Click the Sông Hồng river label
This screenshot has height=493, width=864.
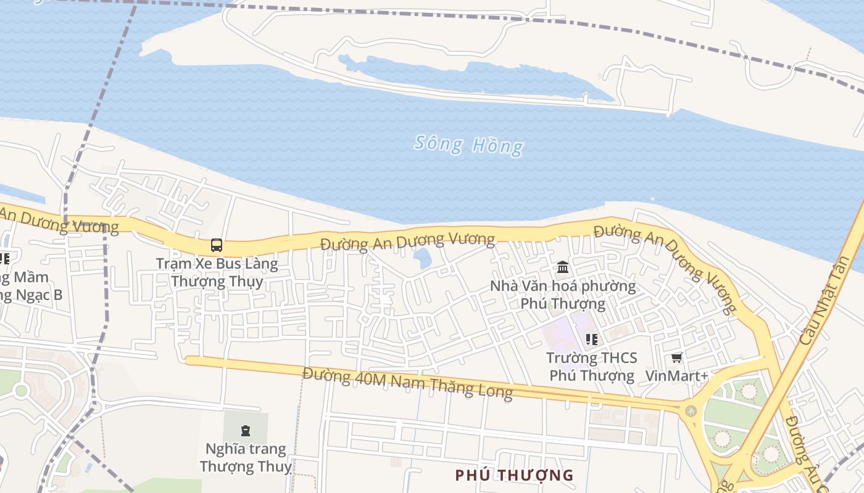(468, 145)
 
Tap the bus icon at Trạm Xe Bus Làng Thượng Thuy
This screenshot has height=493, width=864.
(217, 245)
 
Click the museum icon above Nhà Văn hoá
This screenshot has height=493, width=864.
(563, 267)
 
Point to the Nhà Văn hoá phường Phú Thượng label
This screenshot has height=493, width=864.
(563, 295)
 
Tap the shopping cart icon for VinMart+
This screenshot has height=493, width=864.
(677, 357)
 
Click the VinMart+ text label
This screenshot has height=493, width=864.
(676, 375)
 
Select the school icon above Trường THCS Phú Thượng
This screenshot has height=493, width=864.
(592, 339)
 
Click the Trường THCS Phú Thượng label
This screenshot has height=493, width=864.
(591, 367)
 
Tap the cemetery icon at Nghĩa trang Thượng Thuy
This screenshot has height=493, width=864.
(246, 430)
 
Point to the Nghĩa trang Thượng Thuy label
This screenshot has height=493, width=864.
(246, 457)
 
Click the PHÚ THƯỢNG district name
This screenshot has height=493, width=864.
(514, 475)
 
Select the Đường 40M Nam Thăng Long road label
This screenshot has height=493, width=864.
(407, 383)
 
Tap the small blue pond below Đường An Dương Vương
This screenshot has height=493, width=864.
(423, 258)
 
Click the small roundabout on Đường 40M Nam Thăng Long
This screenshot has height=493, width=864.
(691, 410)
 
